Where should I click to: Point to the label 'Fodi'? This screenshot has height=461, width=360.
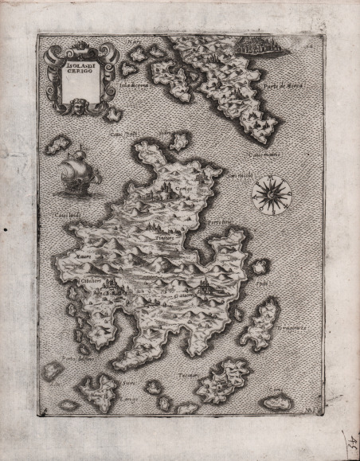[264, 283]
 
